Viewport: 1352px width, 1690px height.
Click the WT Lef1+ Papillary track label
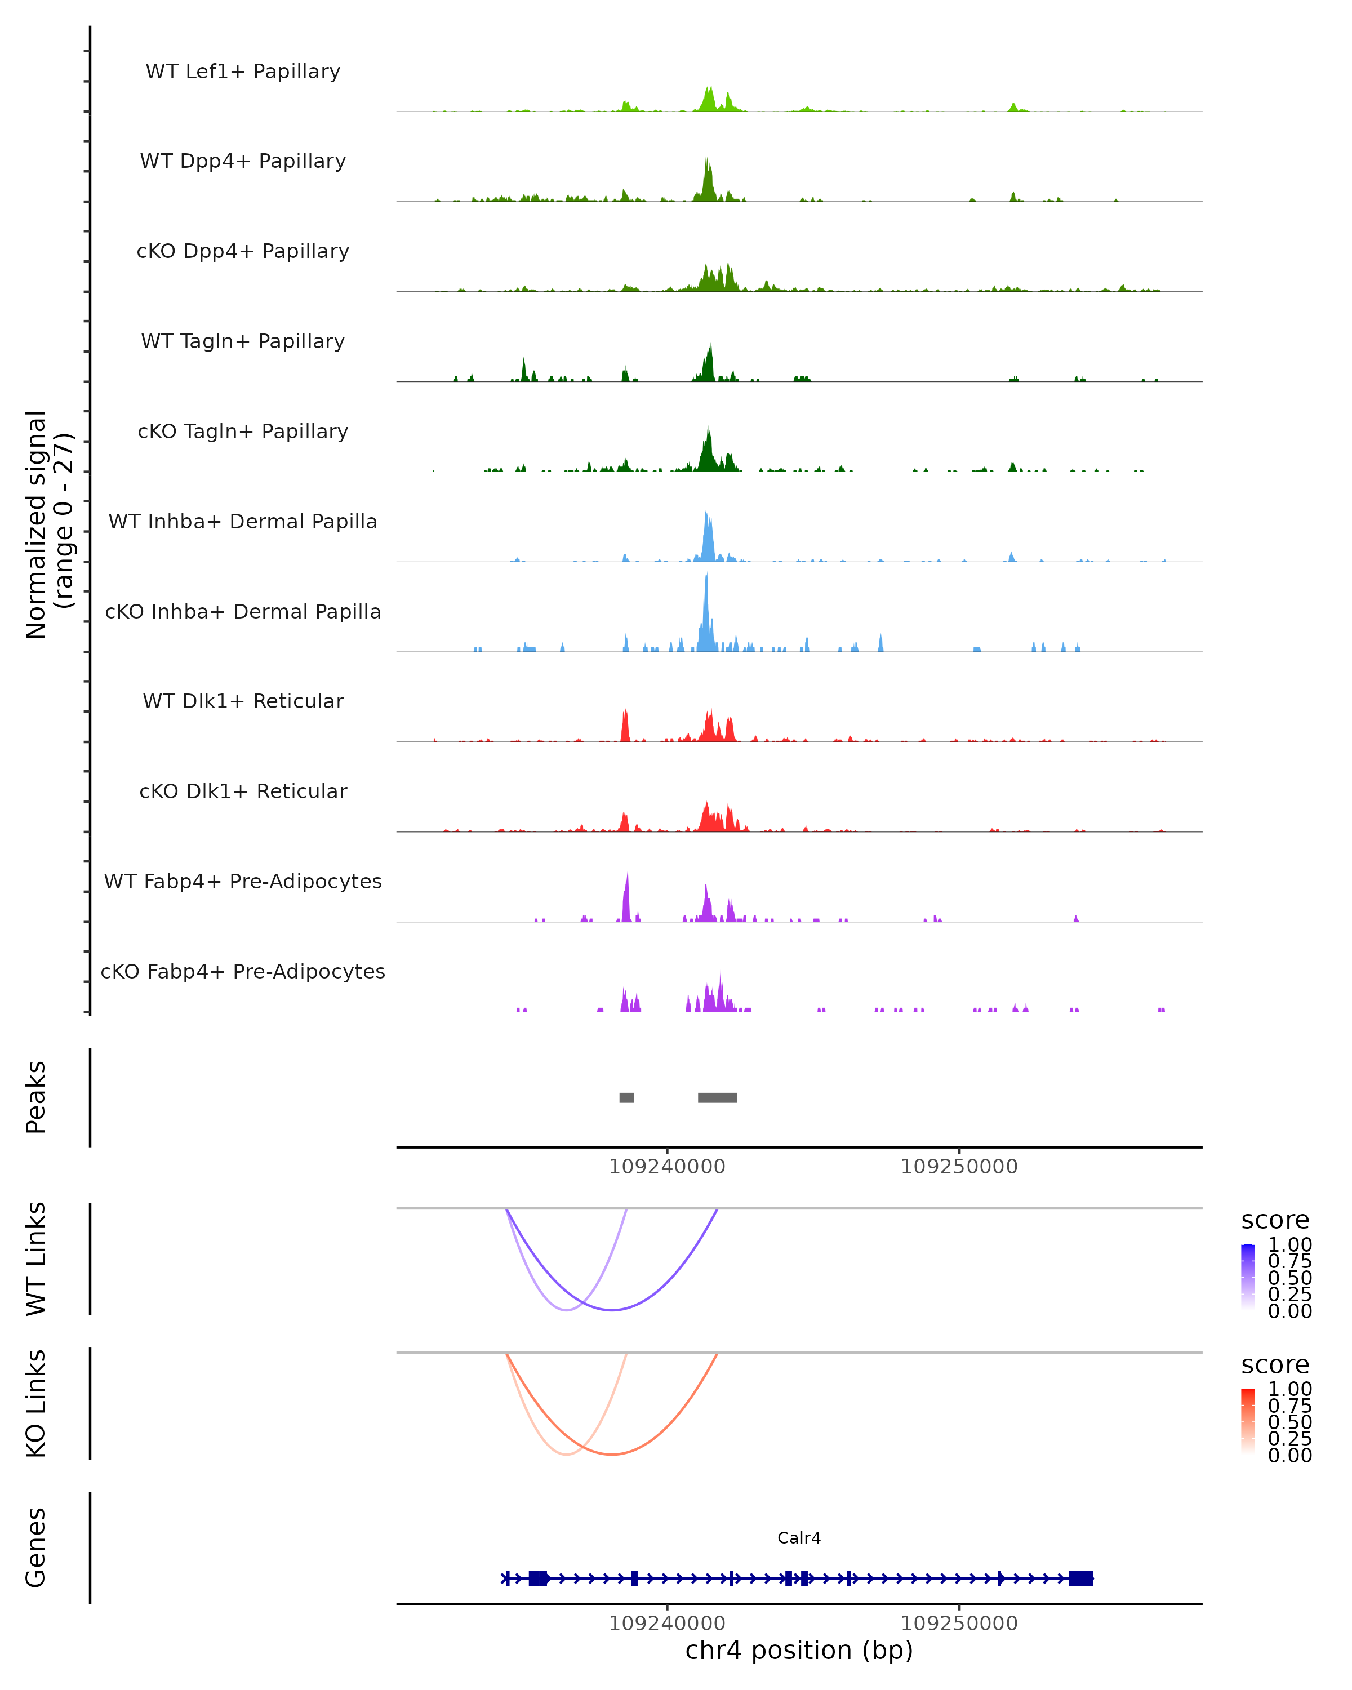[243, 72]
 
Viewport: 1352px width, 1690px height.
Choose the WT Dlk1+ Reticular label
[243, 701]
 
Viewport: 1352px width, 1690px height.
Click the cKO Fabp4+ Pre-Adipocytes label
[243, 971]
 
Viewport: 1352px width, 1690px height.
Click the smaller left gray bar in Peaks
[626, 1097]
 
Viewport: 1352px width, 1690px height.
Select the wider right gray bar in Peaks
[717, 1097]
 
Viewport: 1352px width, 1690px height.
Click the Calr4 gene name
[799, 1537]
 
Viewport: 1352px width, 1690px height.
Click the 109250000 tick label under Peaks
[959, 1167]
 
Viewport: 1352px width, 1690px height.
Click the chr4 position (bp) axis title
[799, 1650]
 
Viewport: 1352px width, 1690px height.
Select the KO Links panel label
[36, 1403]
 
